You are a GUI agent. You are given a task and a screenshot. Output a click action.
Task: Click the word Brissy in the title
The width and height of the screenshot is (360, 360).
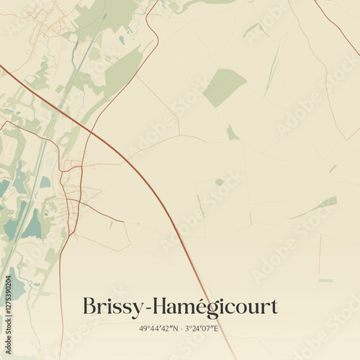pos(112,307)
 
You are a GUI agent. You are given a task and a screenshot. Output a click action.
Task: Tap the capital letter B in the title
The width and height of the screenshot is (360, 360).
pos(90,306)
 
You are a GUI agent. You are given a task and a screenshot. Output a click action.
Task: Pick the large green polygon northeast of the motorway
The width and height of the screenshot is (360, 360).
pos(224,87)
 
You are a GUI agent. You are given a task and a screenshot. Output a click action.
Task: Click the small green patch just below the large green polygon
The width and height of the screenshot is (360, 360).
pos(232,133)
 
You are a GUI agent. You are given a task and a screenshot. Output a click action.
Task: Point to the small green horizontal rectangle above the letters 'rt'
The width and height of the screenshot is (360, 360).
pos(325,280)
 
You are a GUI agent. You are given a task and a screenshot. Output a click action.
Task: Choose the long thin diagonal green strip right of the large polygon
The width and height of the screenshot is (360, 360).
pos(271,72)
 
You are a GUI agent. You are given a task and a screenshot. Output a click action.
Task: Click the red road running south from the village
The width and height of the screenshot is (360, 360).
pos(60,288)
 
